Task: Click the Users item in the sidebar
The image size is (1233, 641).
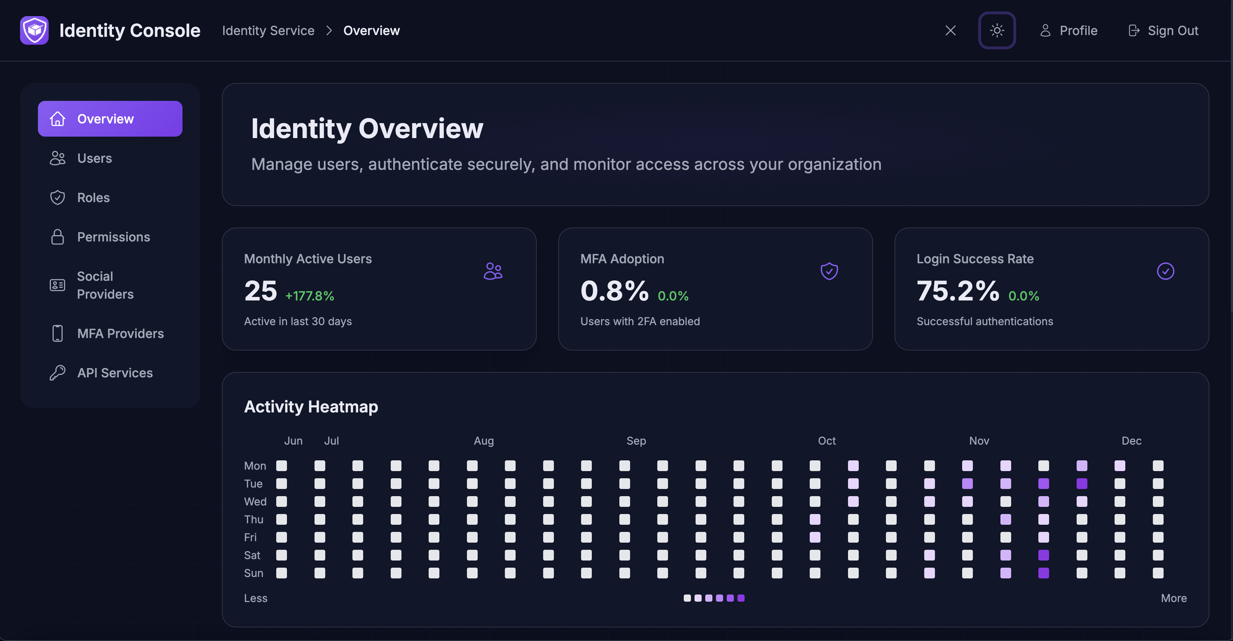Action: (x=94, y=158)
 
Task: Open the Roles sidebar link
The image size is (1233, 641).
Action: (x=93, y=197)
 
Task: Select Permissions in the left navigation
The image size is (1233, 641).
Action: (x=113, y=237)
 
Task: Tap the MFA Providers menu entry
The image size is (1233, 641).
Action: (x=120, y=333)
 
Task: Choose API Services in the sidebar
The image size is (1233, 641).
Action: (x=115, y=373)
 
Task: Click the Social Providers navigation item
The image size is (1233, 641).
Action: (x=105, y=285)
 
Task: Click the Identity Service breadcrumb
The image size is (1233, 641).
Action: (x=268, y=31)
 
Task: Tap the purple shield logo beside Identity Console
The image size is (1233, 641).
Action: (x=34, y=31)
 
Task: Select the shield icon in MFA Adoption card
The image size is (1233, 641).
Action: (x=829, y=271)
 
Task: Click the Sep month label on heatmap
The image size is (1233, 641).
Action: (x=636, y=441)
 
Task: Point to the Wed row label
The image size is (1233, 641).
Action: (x=255, y=501)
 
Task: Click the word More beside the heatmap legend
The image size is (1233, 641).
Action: (x=1174, y=598)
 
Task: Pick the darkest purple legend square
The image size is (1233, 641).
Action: (x=741, y=598)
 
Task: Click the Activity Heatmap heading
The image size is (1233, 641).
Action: (x=311, y=407)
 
